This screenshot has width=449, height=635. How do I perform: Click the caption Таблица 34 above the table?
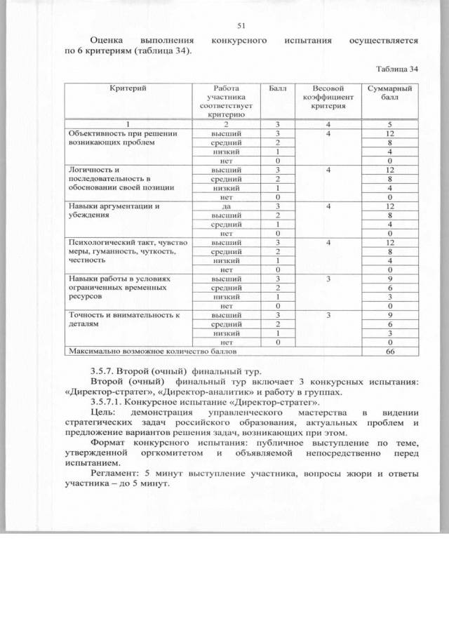pos(397,69)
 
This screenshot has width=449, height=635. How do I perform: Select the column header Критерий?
pos(128,88)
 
